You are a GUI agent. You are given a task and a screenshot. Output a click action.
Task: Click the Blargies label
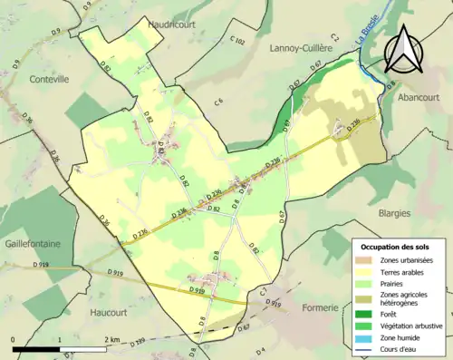point(389,213)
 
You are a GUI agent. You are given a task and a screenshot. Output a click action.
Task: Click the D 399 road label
point(134,341)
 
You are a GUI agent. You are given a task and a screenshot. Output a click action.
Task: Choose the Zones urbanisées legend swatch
point(366,260)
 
